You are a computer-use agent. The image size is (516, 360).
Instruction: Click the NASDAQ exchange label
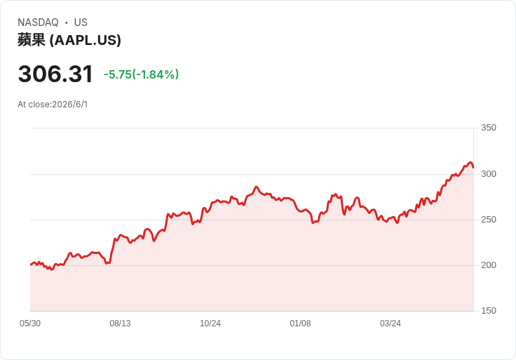point(38,22)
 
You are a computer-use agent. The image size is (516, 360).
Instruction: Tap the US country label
point(81,22)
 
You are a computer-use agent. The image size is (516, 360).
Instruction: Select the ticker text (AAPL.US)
point(86,40)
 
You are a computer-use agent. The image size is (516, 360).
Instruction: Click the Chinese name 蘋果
point(32,40)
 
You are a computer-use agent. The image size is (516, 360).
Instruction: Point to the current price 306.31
point(55,74)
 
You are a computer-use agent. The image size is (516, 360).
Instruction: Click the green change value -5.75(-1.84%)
point(141,74)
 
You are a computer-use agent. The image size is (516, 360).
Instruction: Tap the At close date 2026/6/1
point(70,105)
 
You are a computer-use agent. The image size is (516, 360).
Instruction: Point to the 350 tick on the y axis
point(489,128)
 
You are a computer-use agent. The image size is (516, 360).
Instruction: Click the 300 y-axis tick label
point(489,174)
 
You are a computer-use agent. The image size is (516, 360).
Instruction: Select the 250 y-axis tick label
point(489,220)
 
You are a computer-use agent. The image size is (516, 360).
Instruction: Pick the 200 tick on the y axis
point(489,265)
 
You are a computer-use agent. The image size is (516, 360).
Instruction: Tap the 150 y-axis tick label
point(489,311)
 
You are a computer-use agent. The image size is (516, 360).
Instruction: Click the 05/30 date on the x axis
point(30,324)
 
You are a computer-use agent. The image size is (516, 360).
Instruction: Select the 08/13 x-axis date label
point(120,324)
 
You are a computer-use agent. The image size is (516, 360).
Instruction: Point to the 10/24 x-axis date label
point(210,324)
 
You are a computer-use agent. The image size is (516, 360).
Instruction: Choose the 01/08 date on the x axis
point(300,324)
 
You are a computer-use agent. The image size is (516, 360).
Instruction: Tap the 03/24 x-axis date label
point(391,324)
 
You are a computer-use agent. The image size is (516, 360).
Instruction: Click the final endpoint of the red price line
point(473,168)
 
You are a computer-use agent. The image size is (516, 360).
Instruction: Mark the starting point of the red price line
point(31,265)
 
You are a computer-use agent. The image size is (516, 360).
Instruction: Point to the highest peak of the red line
point(470,162)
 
